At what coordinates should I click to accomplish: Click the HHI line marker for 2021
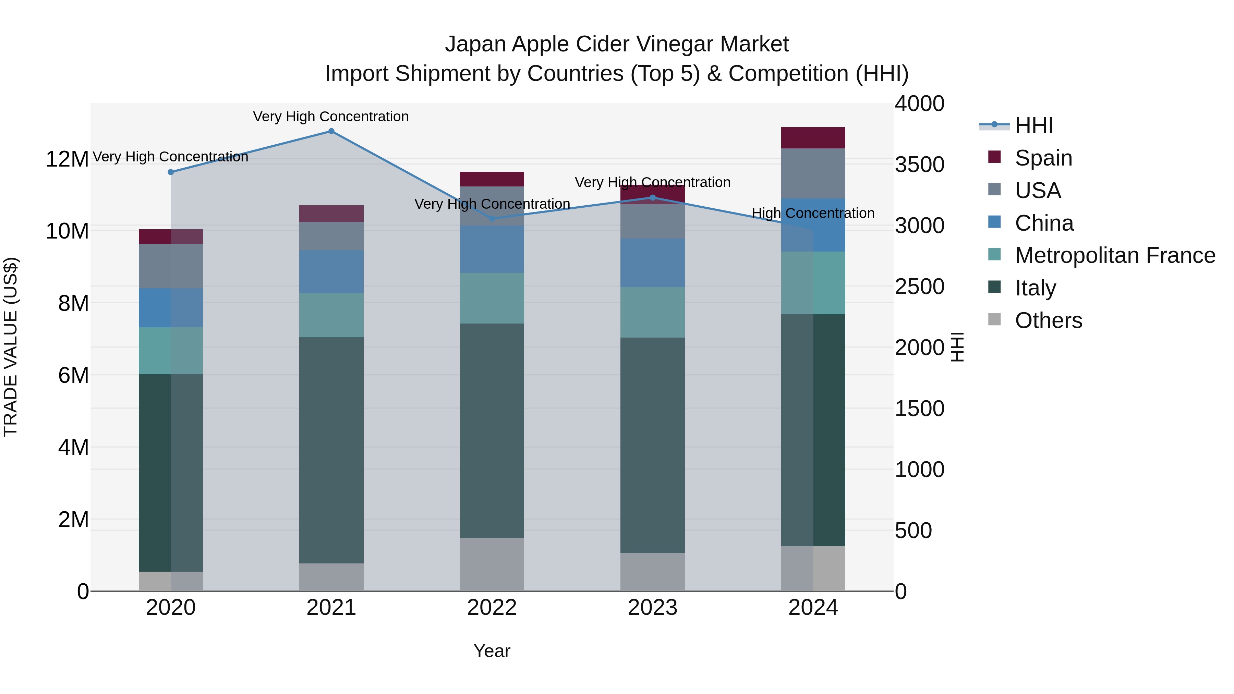(x=331, y=131)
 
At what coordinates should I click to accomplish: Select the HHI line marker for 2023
(x=652, y=197)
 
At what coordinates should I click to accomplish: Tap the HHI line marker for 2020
(x=171, y=172)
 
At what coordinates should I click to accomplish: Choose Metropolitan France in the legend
(x=1114, y=255)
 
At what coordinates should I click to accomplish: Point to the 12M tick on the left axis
(x=67, y=159)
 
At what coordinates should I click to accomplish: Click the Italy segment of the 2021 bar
(x=331, y=450)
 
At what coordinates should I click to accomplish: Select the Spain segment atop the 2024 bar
(x=813, y=138)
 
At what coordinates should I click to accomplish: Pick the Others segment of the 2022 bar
(x=492, y=564)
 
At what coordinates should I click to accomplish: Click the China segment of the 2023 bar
(x=652, y=263)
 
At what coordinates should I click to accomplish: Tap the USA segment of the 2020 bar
(x=171, y=266)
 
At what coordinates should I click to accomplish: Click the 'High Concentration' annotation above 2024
(x=813, y=213)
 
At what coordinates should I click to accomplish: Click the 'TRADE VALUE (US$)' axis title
(x=11, y=347)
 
